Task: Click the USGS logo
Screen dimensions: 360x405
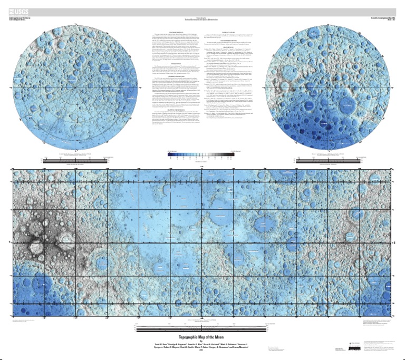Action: pyautogui.click(x=17, y=11)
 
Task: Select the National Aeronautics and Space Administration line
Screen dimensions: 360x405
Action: pyautogui.click(x=202, y=20)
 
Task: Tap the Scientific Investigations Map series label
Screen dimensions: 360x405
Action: pyautogui.click(x=384, y=17)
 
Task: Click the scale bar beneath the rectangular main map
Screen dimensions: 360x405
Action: pyautogui.click(x=202, y=328)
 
